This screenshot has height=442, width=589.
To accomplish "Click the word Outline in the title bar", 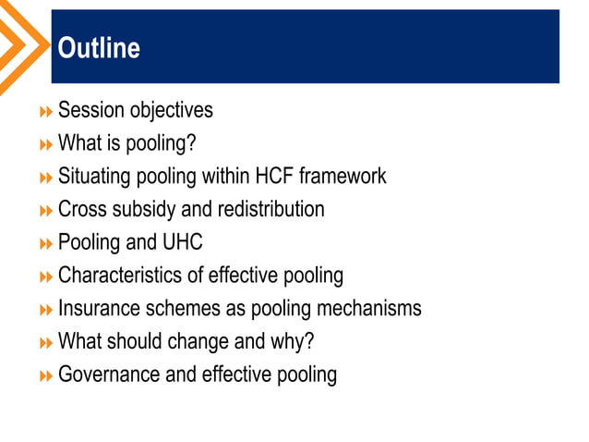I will coord(99,48).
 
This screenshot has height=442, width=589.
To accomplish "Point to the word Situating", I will coord(95,176).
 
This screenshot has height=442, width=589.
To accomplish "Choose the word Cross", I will coord(83,209).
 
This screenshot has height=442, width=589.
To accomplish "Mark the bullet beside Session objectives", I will coord(46,112).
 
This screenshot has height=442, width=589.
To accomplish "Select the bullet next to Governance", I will coord(46,376).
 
